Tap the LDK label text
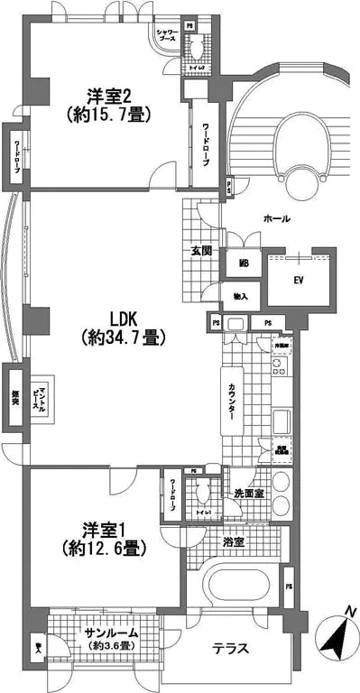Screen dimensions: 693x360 point(123,319)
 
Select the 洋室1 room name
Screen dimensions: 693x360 point(99,526)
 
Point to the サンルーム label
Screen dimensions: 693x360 point(106,634)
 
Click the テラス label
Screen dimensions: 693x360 point(230,648)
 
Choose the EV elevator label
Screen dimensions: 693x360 point(299,280)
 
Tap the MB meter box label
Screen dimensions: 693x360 point(244,263)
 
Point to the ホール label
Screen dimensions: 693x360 point(276,219)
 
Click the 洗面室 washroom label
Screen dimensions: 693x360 point(246,494)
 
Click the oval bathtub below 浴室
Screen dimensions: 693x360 point(238,586)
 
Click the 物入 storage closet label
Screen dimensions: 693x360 point(242,295)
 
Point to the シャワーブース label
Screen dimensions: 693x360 point(167,35)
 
